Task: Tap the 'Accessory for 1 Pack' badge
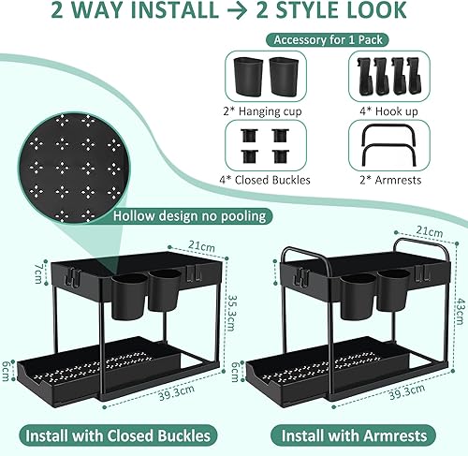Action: click(328, 40)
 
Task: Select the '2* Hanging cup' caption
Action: click(262, 111)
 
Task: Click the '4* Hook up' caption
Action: click(388, 111)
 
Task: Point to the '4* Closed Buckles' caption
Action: click(265, 180)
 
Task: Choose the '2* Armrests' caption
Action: click(390, 180)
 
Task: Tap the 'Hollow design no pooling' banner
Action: click(189, 216)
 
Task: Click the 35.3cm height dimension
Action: click(231, 313)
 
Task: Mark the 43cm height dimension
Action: click(460, 311)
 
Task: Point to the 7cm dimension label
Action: click(38, 273)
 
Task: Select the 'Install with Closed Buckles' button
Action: click(118, 435)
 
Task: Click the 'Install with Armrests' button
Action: click(354, 435)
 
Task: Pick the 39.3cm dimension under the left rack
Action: click(176, 392)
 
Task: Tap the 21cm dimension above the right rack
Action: click(430, 231)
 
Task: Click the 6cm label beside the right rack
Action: click(235, 372)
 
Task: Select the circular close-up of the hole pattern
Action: click(72, 167)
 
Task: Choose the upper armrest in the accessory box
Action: click(388, 125)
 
